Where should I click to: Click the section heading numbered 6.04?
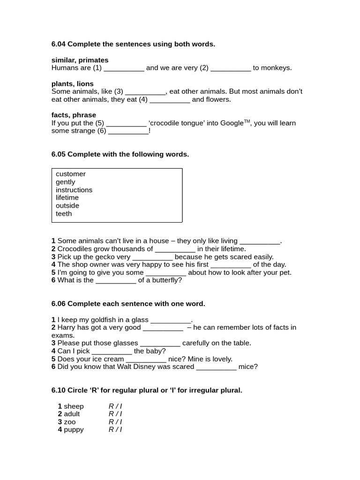point(133,44)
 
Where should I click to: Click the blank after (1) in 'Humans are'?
point(124,68)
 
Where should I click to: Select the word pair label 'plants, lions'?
point(72,83)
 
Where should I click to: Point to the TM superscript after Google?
point(247,121)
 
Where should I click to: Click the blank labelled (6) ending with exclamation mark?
point(128,131)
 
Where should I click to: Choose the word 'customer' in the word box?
point(71,174)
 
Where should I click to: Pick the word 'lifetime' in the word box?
point(67,198)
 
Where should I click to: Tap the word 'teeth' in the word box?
point(64,214)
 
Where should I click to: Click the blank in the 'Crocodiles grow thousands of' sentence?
point(175,249)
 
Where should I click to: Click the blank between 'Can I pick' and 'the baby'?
point(112,351)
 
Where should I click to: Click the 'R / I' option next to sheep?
point(115,406)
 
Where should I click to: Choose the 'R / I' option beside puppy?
point(115,430)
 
